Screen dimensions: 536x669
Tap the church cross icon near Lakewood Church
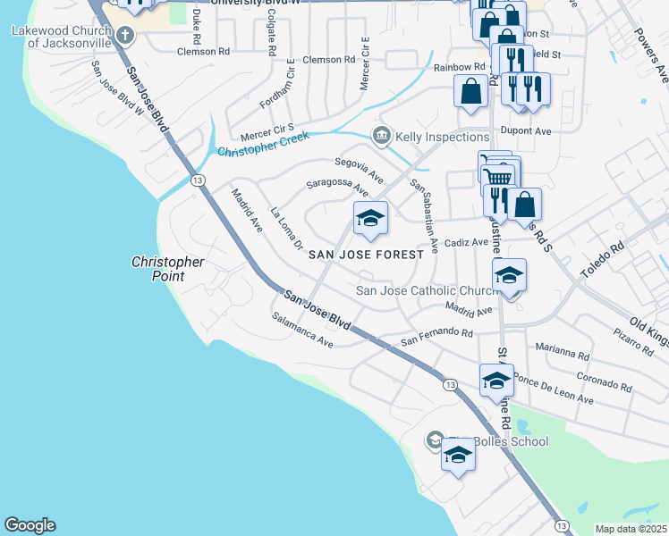point(124,36)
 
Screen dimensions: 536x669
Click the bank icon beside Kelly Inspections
point(382,136)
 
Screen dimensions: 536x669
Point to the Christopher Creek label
point(263,145)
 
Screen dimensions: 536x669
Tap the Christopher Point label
point(167,269)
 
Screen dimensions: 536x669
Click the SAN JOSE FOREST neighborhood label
point(366,255)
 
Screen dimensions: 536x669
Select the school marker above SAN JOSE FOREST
point(369,218)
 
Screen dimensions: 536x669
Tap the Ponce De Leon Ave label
point(554,394)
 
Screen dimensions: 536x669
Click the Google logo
point(30,525)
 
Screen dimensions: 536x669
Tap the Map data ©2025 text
point(631,529)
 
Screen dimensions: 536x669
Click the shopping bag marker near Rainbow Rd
point(470,91)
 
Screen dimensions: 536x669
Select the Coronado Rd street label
point(605,381)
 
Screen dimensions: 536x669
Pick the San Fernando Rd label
point(436,337)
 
